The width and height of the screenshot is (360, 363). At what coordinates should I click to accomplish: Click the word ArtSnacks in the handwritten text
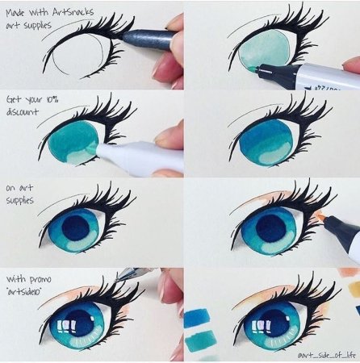[73, 12]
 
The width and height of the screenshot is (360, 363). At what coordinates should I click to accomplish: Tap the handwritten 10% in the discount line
[52, 99]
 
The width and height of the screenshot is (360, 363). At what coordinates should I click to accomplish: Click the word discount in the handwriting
[23, 111]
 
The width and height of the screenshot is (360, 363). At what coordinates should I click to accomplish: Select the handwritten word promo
[40, 280]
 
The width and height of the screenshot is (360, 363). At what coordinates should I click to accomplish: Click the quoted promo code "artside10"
[23, 292]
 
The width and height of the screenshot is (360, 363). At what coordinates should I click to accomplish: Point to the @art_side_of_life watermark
[326, 356]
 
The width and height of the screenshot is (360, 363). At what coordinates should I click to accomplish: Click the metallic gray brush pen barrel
[148, 40]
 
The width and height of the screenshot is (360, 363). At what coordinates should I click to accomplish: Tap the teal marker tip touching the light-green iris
[253, 69]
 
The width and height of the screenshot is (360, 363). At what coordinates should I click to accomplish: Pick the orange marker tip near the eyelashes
[320, 216]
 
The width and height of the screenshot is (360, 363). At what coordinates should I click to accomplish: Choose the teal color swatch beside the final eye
[200, 341]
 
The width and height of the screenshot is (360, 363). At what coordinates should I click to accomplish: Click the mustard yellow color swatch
[354, 289]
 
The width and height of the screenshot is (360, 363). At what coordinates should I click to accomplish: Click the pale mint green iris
[265, 48]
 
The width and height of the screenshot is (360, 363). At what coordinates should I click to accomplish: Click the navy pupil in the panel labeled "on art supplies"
[76, 228]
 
